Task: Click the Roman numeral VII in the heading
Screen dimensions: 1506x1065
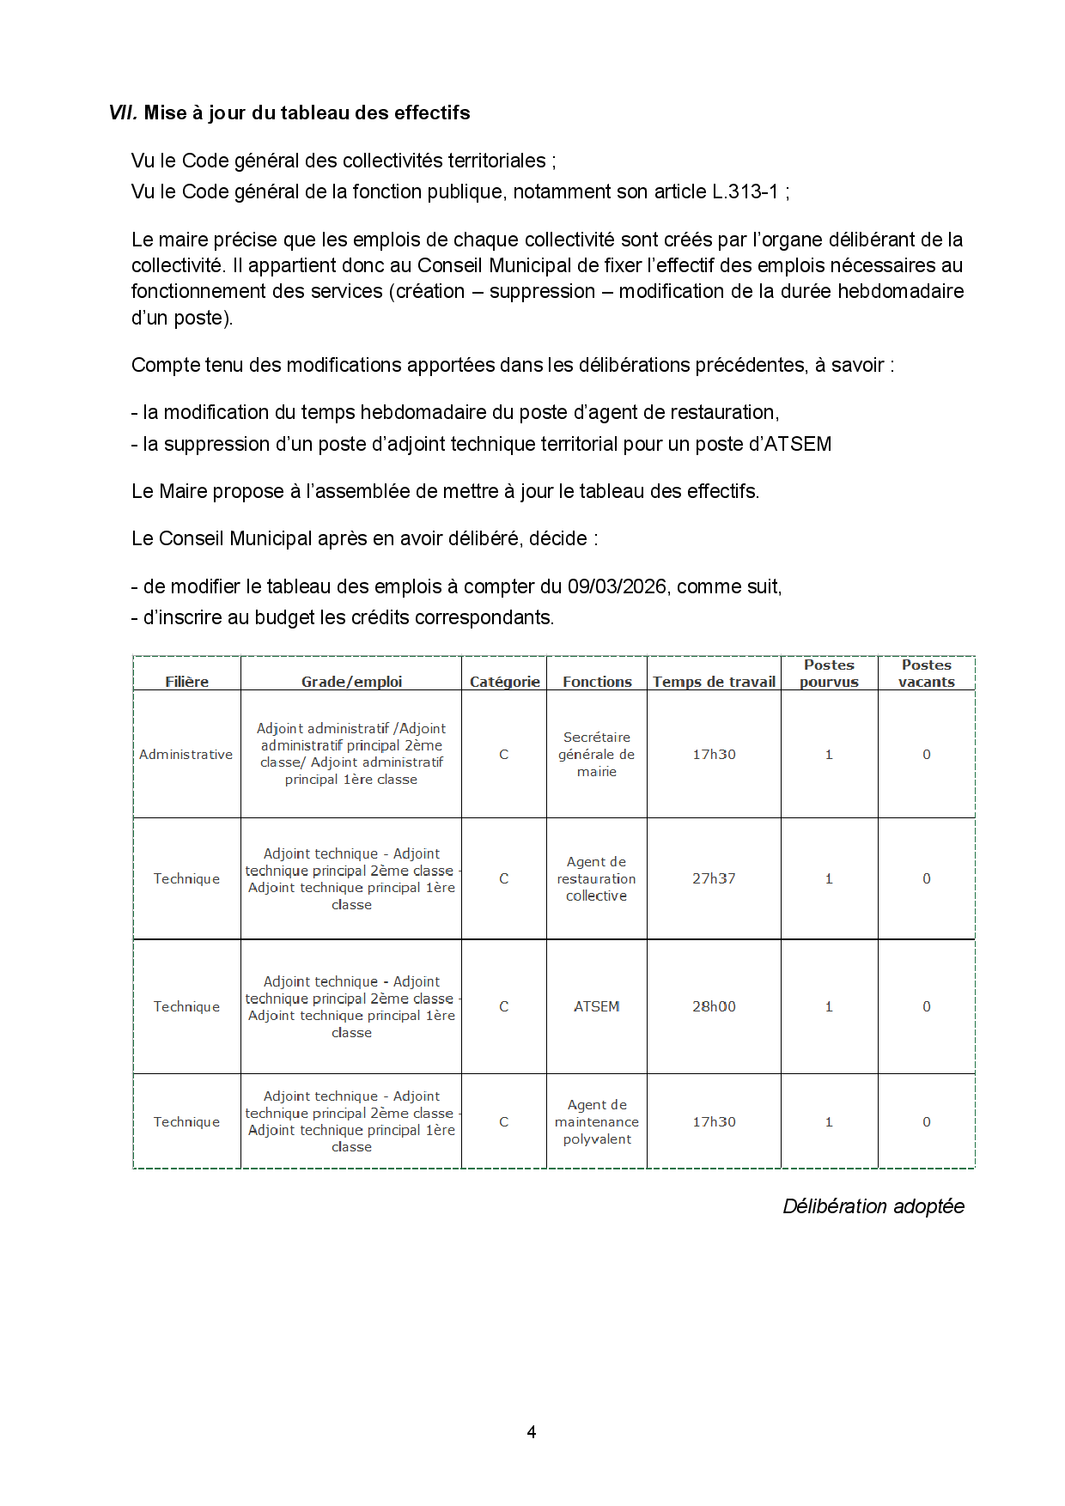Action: point(122,112)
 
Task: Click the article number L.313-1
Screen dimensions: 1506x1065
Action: point(745,191)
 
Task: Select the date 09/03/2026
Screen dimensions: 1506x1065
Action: point(617,586)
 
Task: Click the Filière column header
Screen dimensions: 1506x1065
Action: point(186,682)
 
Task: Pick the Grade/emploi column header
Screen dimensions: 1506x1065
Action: point(351,682)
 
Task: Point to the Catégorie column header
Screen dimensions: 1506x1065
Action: point(504,682)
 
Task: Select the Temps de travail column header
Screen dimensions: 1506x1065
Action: point(714,682)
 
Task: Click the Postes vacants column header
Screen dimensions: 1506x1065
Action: point(926,673)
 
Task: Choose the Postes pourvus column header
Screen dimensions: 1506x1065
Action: point(829,673)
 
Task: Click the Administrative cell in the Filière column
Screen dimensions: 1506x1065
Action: point(186,754)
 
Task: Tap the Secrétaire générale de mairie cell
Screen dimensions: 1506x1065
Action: point(596,754)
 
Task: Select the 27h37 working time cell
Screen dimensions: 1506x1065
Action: point(714,878)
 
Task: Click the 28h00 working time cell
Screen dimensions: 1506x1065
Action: point(714,1006)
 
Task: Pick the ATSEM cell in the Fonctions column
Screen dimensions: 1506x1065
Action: point(596,1006)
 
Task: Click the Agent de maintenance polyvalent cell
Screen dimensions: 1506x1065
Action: point(596,1121)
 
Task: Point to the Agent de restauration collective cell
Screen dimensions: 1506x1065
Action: point(596,878)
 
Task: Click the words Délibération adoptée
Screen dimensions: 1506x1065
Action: point(873,1206)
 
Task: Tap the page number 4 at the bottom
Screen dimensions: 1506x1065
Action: point(532,1431)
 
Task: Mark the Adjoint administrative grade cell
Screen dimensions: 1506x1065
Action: point(351,754)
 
